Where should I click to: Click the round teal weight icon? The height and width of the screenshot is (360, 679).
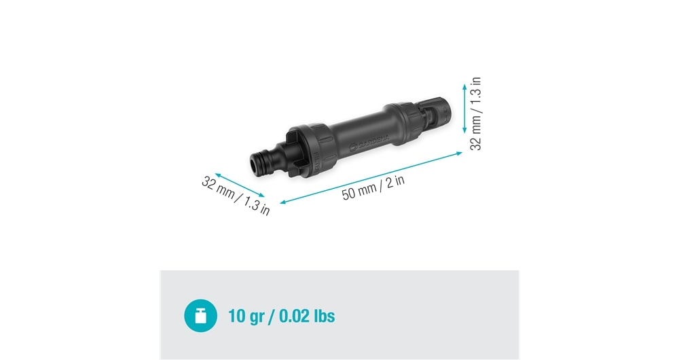point(200,316)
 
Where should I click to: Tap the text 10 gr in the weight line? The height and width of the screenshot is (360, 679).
point(246,317)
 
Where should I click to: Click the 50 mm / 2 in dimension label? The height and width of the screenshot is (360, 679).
point(373,187)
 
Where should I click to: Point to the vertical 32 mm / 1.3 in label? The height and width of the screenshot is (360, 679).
point(475,113)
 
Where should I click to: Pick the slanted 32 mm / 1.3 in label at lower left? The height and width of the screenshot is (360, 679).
point(236,196)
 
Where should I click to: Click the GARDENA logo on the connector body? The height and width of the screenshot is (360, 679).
point(369,142)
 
